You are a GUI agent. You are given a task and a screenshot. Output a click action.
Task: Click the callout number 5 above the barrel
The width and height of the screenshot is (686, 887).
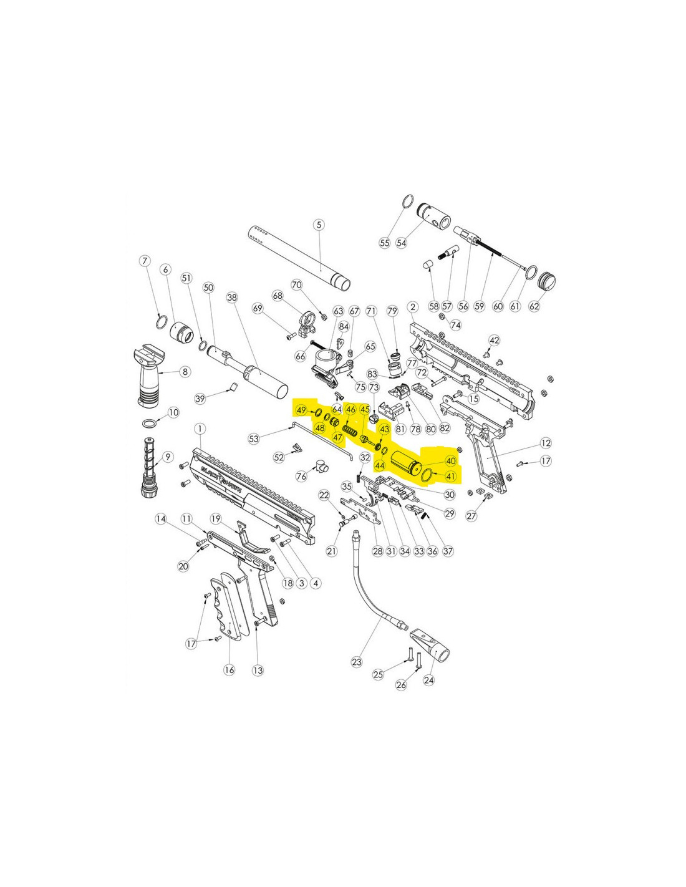coord(319,225)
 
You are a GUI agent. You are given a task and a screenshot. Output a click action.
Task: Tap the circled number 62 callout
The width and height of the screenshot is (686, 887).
coord(534,306)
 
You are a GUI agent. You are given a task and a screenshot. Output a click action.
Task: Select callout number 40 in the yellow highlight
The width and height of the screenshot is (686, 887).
coord(450,460)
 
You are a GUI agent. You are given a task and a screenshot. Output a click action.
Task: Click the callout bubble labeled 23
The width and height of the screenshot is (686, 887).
coord(357,662)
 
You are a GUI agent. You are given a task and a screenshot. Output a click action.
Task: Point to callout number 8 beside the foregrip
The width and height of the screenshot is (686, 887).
coord(185,372)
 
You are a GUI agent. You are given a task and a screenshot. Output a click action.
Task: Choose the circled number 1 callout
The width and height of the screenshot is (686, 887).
coord(200,429)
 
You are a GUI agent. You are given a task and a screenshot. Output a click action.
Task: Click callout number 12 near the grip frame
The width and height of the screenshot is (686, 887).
coord(546,443)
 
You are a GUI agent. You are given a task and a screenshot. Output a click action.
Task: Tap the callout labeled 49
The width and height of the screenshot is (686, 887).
coord(302,410)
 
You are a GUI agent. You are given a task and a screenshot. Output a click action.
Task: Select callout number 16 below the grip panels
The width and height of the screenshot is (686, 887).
coord(229,670)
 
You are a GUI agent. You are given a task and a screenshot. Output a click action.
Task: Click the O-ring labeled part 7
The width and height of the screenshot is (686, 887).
coord(162,322)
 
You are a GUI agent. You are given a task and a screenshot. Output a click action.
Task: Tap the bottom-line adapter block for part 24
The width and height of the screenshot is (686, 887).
coord(433,648)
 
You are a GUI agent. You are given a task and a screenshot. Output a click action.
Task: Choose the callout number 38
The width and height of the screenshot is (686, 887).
coord(232,298)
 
